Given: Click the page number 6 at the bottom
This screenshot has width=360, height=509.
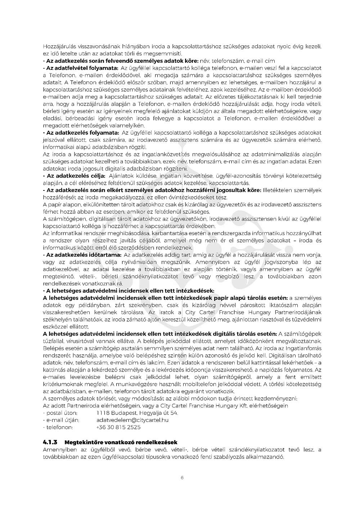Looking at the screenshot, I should click(182, 478).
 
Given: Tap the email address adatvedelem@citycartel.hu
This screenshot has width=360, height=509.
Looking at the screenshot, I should click(132, 420).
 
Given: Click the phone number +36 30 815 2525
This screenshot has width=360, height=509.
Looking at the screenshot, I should click(118, 427).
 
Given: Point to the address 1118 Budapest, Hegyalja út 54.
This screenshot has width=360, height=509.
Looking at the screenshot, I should click(137, 413).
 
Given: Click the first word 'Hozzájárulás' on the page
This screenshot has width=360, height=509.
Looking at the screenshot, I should click(59, 46).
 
